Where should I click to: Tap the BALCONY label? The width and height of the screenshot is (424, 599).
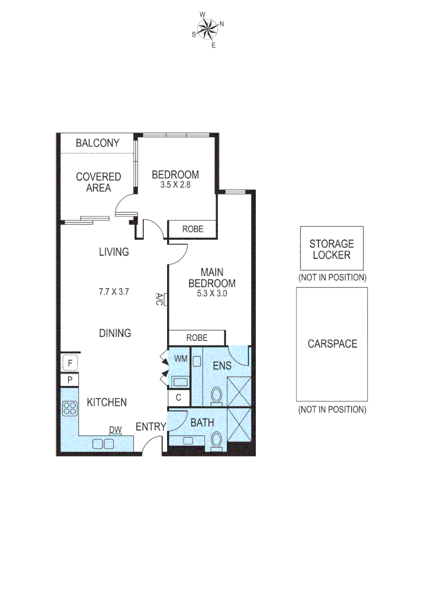point(98,143)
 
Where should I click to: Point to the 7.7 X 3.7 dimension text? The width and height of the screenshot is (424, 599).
point(114,292)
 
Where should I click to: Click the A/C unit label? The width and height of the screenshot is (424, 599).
point(159,299)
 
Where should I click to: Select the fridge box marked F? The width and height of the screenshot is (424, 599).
point(69,363)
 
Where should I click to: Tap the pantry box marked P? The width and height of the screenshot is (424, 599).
point(69,380)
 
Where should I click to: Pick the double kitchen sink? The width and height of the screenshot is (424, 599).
point(103,443)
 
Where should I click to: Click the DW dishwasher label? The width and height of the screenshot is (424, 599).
point(115,430)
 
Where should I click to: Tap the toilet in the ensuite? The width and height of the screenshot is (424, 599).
point(216,395)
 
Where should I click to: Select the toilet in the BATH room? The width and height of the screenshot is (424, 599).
point(216,440)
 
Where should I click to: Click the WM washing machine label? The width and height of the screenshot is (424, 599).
point(180,359)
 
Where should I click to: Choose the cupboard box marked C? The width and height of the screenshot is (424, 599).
point(178,397)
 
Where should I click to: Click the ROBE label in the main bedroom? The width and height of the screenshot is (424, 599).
point(196,337)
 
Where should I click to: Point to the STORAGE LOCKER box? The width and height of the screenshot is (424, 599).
point(331,249)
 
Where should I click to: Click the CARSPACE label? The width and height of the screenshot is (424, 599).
point(332,344)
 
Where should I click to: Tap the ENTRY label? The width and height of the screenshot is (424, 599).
point(151,427)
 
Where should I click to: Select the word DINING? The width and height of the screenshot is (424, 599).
point(115,333)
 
